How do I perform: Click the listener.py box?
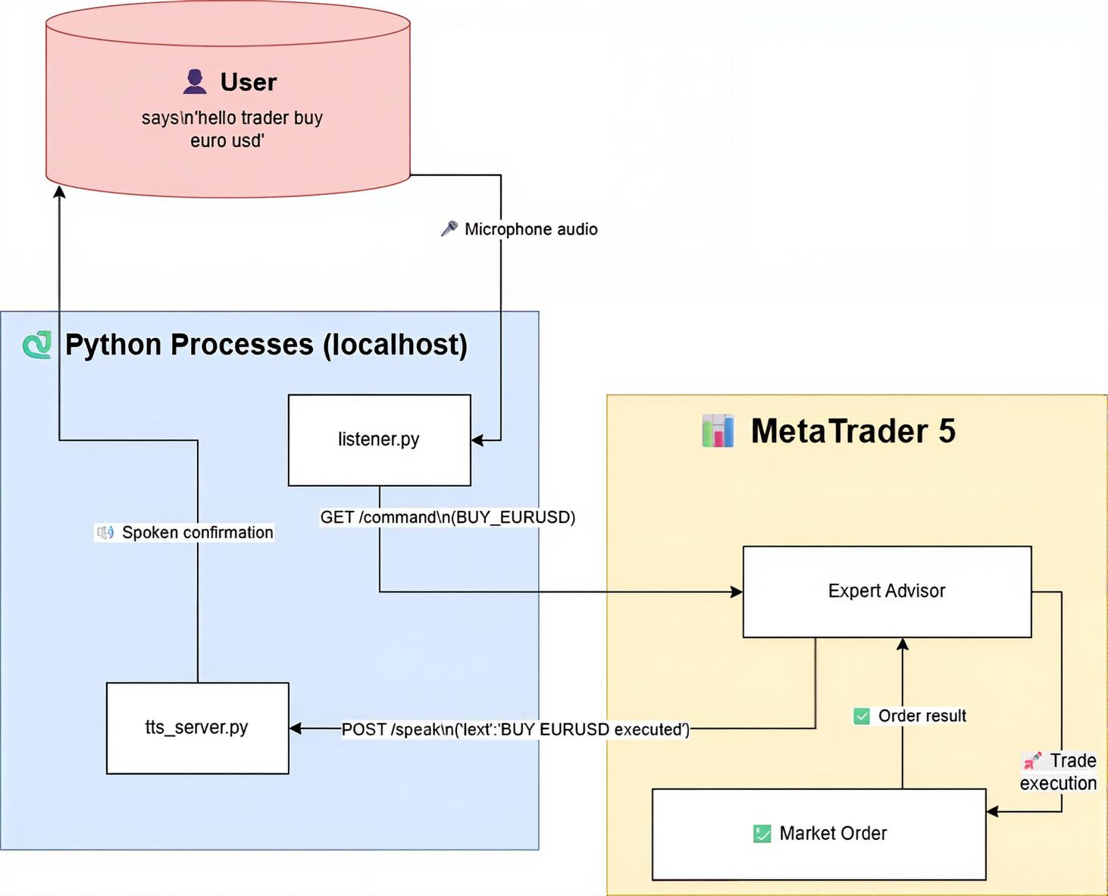(379, 440)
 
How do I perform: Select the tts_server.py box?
(197, 728)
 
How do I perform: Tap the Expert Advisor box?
(887, 591)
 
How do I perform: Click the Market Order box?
(818, 834)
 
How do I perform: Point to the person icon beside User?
(195, 82)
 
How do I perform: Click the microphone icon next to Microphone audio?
(449, 228)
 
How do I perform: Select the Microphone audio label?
(531, 229)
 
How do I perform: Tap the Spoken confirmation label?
(197, 532)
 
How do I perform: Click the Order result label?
(922, 716)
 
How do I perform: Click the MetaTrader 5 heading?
(853, 431)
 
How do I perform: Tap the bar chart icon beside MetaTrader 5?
(718, 431)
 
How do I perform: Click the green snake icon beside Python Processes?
(37, 345)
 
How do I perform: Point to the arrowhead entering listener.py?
(477, 440)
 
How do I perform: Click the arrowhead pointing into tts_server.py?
(296, 728)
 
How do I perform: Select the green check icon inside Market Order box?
(762, 834)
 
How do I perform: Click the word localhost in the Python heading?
(395, 345)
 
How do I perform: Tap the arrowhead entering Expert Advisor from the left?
(737, 591)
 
